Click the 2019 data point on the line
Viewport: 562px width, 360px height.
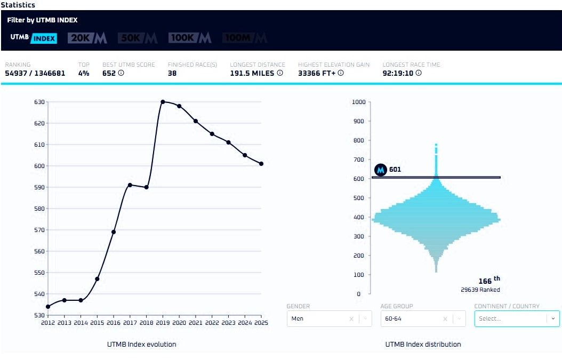coord(163,102)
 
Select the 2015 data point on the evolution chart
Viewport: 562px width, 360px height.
coord(97,279)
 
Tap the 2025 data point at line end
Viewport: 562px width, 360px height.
coord(261,164)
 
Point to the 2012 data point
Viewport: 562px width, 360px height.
coord(48,307)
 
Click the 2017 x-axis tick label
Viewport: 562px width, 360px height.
coord(130,323)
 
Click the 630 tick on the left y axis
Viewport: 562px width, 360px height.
coord(39,102)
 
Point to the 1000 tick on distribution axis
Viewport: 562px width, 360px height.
coord(359,102)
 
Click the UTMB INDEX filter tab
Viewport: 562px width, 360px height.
coord(34,38)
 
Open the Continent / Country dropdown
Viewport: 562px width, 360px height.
coord(517,318)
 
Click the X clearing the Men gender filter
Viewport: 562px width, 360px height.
coord(351,318)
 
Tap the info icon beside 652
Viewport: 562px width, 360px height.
coord(121,73)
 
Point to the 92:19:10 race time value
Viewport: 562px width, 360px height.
coord(398,73)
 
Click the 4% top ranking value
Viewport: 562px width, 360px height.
coord(84,73)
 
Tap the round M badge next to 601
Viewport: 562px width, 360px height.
coord(381,170)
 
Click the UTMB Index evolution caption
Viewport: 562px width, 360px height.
coord(141,344)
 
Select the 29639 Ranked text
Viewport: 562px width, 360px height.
coord(480,290)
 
